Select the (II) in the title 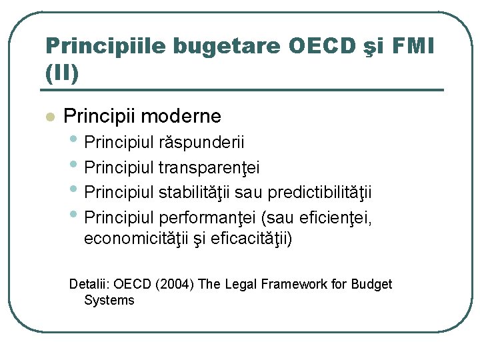click(62, 72)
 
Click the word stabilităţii click(194, 193)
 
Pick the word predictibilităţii click(319, 193)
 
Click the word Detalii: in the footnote click(92, 284)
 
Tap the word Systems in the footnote click(109, 300)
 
